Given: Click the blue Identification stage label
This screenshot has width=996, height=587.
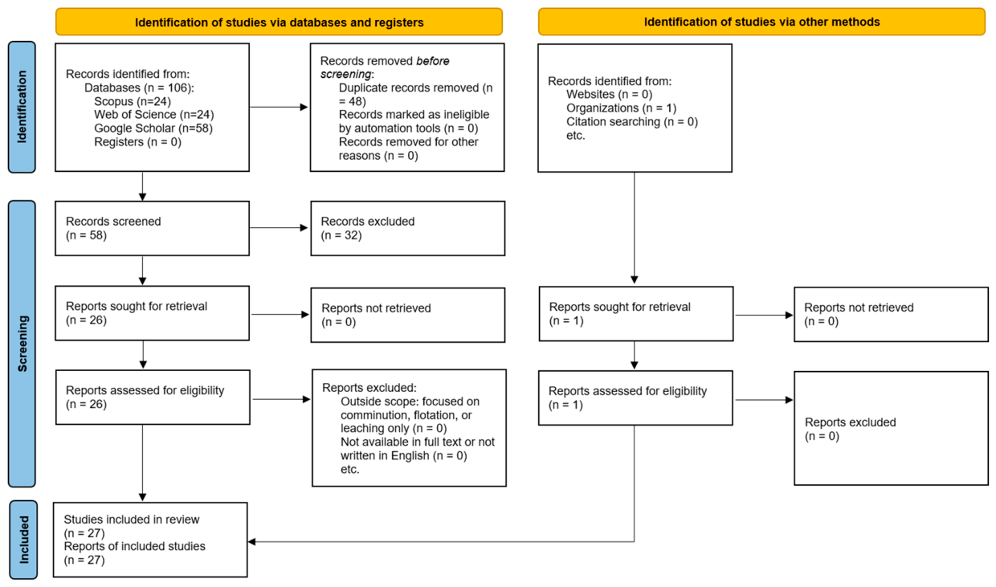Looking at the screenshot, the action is click(22, 107).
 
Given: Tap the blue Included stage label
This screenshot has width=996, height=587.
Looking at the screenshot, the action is click(23, 540).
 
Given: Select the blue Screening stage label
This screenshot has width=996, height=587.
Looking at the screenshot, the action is click(22, 344).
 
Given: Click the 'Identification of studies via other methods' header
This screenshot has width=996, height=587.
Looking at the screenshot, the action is click(761, 22).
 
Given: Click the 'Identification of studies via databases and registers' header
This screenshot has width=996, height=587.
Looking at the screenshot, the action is click(280, 22).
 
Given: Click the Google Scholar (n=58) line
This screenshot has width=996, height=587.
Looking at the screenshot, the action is click(153, 128).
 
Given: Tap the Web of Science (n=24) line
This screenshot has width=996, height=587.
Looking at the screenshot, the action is click(154, 115).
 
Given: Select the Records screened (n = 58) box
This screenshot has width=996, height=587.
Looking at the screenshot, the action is click(152, 228).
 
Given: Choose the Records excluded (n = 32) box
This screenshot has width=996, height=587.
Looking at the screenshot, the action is click(408, 228).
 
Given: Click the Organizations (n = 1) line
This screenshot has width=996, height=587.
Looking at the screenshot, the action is click(621, 108).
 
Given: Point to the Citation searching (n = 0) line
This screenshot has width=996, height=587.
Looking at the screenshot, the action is click(632, 122).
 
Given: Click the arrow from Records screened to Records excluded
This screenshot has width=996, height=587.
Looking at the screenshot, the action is click(279, 228).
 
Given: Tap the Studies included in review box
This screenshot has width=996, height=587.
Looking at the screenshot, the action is click(150, 540).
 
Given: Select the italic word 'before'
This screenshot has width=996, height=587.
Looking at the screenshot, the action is click(433, 61).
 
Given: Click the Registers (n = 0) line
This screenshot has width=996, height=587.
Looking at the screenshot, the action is click(138, 142).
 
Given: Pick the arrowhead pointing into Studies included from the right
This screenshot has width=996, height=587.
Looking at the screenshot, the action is click(251, 542).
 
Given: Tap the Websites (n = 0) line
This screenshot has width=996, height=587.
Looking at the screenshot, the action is click(609, 94).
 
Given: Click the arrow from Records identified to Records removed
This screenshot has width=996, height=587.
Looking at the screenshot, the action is click(279, 107).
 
